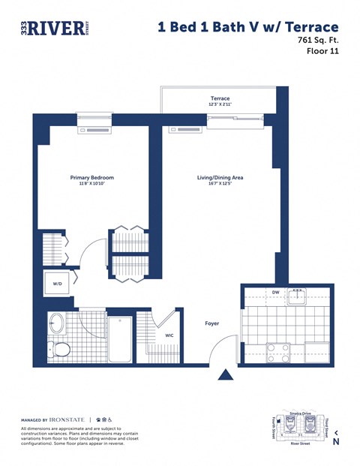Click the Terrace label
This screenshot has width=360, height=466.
pyautogui.click(x=220, y=98)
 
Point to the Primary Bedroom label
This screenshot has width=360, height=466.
pyautogui.click(x=91, y=178)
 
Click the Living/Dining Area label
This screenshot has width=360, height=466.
pyautogui.click(x=220, y=178)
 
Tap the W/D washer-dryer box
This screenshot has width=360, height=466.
pyautogui.click(x=58, y=284)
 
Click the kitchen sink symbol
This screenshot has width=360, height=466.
pyautogui.click(x=297, y=294)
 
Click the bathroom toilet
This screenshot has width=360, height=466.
pyautogui.click(x=60, y=350)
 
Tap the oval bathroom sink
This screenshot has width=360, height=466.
pyautogui.click(x=57, y=323)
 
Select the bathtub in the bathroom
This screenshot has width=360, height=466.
pyautogui.click(x=120, y=339)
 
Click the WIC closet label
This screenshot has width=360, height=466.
pyautogui.click(x=169, y=335)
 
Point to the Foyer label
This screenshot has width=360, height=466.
pyautogui.click(x=212, y=324)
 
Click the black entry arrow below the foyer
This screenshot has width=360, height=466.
pyautogui.click(x=224, y=375)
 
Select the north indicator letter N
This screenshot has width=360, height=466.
pyautogui.click(x=335, y=442)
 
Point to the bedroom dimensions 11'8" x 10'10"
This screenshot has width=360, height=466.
pyautogui.click(x=91, y=185)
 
